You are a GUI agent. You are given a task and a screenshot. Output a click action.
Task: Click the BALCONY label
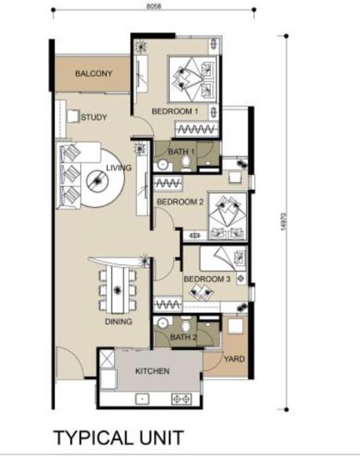coord(94,73)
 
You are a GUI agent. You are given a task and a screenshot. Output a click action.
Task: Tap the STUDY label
coord(94,117)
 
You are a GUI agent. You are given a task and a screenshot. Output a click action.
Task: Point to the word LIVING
coord(119,168)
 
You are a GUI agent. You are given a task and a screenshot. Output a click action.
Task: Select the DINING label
coord(119,322)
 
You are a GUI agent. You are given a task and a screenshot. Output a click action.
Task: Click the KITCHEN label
coord(152,371)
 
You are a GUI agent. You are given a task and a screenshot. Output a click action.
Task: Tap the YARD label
coord(234,359)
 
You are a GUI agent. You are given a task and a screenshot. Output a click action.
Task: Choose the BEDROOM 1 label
coord(174,112)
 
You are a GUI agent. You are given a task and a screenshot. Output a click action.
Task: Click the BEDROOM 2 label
coord(180,201)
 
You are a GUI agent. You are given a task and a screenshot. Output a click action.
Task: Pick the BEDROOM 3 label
coord(207,279)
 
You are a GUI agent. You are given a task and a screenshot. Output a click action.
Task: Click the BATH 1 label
coord(181,152)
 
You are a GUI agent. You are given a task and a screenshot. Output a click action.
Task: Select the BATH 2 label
coord(183,337)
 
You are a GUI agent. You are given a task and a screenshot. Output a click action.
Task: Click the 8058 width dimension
coord(154,6)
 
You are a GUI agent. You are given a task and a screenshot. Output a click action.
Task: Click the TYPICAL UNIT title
coord(119,438)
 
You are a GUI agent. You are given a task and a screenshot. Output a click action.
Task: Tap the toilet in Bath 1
coord(186,164)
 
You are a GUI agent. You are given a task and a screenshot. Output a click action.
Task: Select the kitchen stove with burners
coord(182,399)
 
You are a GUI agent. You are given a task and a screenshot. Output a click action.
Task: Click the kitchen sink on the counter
coord(142,399)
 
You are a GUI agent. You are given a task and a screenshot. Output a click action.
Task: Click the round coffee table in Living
coord(97,181)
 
